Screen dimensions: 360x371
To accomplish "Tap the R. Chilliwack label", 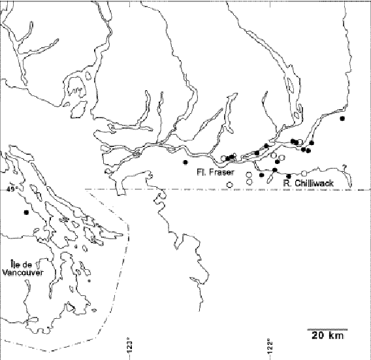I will click(x=309, y=184).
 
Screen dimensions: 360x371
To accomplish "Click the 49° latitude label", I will click(x=12, y=189).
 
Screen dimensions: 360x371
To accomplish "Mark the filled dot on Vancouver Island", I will click(x=26, y=212).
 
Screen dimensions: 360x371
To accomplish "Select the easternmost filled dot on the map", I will click(x=342, y=120).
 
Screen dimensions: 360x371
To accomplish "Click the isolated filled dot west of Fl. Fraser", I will click(x=185, y=161).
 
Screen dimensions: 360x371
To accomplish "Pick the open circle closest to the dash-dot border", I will click(x=229, y=185).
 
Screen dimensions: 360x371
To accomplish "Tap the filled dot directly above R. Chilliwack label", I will click(x=289, y=176).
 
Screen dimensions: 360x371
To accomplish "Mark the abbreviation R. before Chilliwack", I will click(x=287, y=184).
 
